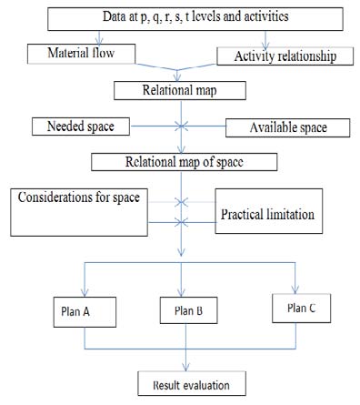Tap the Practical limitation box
coord(267,216)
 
